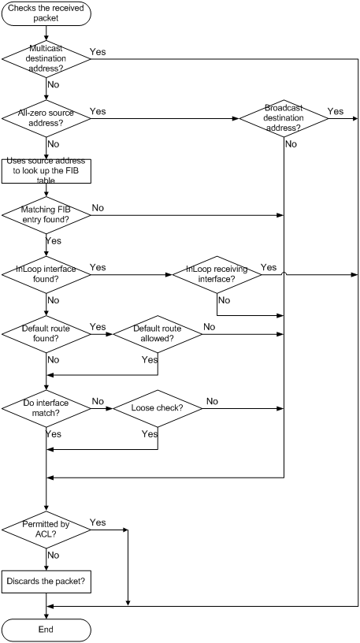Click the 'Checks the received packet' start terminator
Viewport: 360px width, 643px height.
coord(46,13)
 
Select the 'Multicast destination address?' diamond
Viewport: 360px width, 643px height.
coord(46,58)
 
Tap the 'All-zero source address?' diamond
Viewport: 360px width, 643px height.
coord(46,118)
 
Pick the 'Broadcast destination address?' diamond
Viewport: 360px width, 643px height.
coord(284,118)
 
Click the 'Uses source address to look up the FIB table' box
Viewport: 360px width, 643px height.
coord(46,171)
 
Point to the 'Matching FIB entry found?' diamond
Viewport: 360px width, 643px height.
coord(46,215)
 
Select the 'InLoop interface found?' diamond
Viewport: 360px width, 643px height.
coord(46,275)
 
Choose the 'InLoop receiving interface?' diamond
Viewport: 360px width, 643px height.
coord(217,275)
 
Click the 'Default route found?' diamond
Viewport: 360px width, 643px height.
coord(46,334)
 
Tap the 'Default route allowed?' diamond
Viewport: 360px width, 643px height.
coord(158,334)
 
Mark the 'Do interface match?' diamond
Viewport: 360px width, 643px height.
coord(46,408)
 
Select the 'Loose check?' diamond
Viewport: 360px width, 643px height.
coord(158,408)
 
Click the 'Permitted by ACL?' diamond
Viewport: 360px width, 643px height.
coord(46,530)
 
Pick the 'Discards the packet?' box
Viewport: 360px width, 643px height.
coord(46,581)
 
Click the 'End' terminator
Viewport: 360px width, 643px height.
coord(46,630)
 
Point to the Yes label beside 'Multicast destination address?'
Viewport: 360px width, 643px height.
coord(98,52)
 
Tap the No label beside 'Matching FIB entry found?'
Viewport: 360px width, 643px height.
coord(98,208)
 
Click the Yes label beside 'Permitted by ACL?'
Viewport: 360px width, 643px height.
coord(98,522)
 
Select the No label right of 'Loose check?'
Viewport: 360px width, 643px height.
coord(212,401)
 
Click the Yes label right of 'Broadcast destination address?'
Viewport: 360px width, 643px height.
coord(336,112)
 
